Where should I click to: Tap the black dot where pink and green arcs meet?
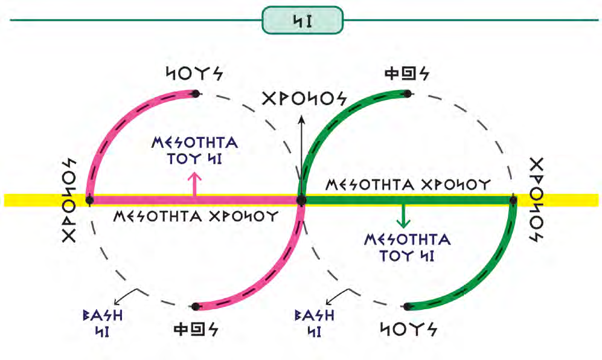(301, 200)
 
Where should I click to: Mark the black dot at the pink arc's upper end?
(195, 94)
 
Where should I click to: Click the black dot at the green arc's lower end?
(408, 307)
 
